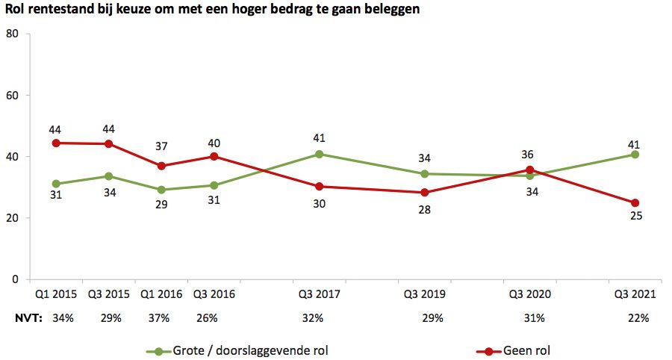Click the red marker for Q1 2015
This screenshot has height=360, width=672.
pos(56,143)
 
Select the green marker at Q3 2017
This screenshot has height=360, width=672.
pos(319,154)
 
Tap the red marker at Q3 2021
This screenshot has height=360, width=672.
pos(635,202)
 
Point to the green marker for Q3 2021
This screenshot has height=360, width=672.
pos(635,155)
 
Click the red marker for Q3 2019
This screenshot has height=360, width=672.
pos(425,193)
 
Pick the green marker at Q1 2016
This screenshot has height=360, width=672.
pos(161,190)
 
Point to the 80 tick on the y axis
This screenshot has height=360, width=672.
pos(12,34)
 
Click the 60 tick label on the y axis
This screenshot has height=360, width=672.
pos(12,96)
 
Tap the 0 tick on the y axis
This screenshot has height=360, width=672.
pos(15,279)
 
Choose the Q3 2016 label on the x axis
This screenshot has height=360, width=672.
pos(214,294)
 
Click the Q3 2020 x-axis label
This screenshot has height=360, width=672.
pos(529,294)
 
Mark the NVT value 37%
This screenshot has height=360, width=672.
pos(160,318)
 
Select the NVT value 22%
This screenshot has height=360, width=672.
pos(638,318)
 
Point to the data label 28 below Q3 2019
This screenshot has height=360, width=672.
pos(425,207)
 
